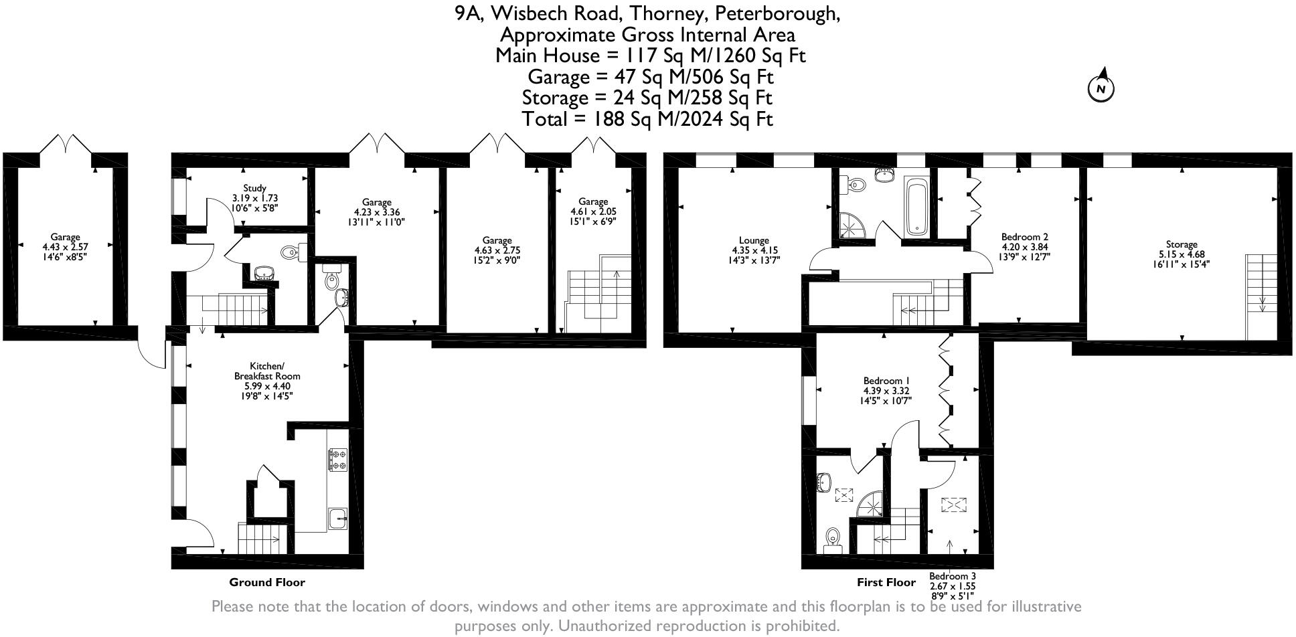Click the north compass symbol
[x=1101, y=86]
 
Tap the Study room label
[x=254, y=188]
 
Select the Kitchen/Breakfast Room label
[x=262, y=371]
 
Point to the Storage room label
[x=1181, y=244]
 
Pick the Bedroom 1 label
[x=886, y=381]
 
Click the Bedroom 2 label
[x=1024, y=236]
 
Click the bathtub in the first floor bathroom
[x=915, y=207]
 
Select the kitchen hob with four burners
[x=337, y=460]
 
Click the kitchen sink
[x=337, y=519]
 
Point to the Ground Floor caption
[x=267, y=582]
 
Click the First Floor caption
[x=886, y=582]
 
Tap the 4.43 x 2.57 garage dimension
[x=65, y=246]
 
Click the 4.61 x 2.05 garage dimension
[x=593, y=211]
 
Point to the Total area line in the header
[x=647, y=119]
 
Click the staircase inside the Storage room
[x=1257, y=297]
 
